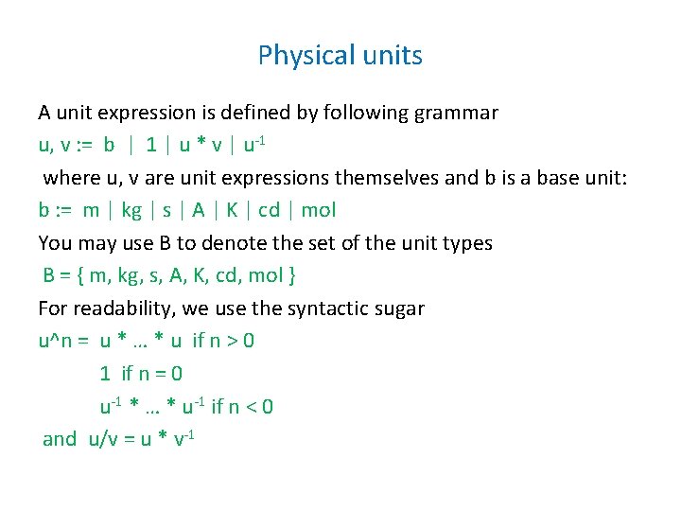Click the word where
click(68, 178)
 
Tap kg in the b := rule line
click(132, 210)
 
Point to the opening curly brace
click(83, 275)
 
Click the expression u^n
click(55, 341)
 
